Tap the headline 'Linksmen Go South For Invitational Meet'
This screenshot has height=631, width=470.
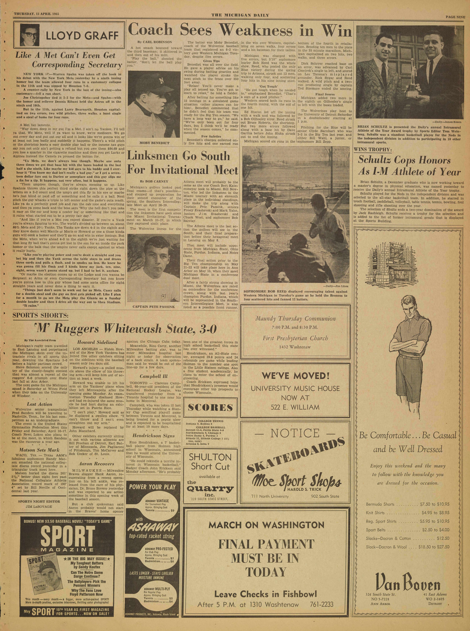pyautogui.click(x=182, y=163)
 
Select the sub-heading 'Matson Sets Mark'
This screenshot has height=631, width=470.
pyautogui.click(x=40, y=450)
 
